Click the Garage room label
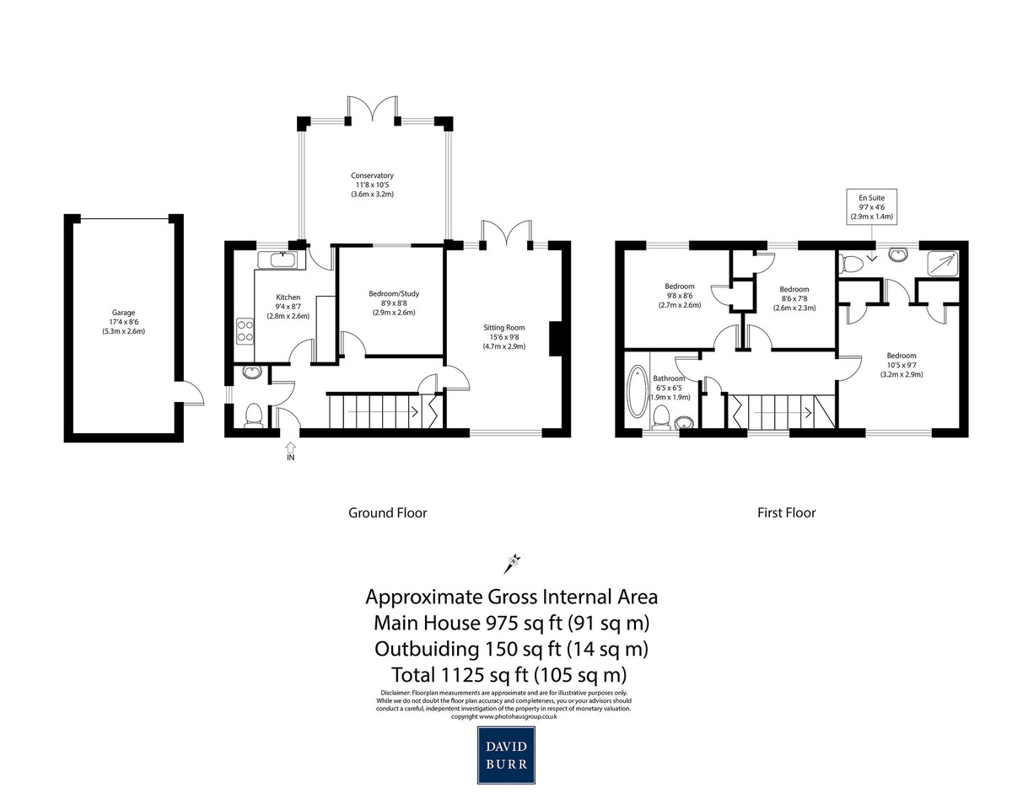click(x=123, y=313)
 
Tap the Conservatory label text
click(x=372, y=175)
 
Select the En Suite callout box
click(x=871, y=206)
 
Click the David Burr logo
click(x=506, y=755)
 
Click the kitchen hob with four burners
click(x=245, y=331)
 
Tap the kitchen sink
click(x=281, y=260)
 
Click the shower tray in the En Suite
click(x=942, y=262)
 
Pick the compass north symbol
click(x=512, y=564)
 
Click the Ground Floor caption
click(x=387, y=513)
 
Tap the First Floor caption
click(x=786, y=513)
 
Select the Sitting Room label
click(x=504, y=328)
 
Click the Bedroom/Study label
click(x=394, y=294)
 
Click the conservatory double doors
click(x=373, y=108)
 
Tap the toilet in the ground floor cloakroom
click(x=254, y=415)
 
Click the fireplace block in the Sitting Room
click(x=556, y=339)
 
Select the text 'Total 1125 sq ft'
click(x=460, y=675)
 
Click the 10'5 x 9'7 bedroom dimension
click(x=901, y=365)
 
